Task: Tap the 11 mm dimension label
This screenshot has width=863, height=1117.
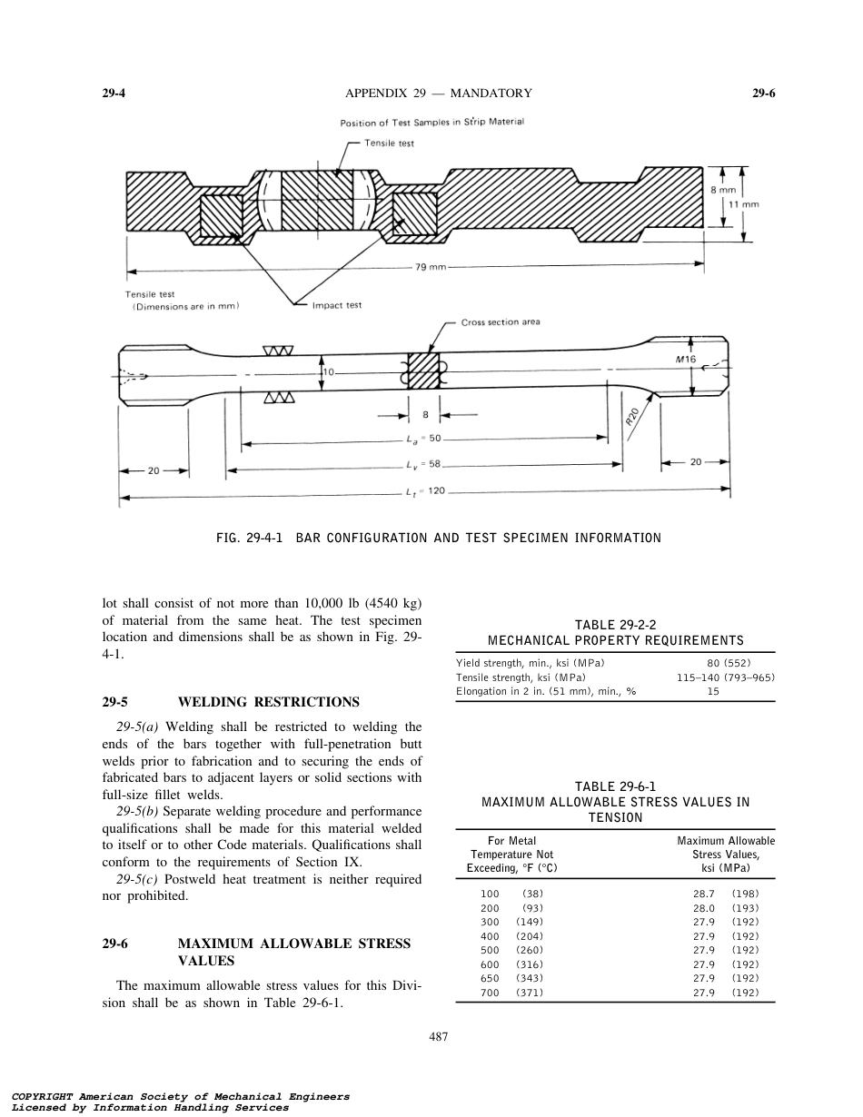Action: (744, 205)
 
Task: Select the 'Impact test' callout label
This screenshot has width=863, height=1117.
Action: (336, 305)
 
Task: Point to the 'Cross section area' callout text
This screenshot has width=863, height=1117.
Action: (501, 322)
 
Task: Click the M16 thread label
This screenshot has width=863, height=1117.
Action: (686, 360)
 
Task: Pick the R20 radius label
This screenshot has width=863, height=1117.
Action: (633, 418)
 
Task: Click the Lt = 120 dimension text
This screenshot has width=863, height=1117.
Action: (423, 492)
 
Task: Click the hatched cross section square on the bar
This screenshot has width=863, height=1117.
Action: (423, 371)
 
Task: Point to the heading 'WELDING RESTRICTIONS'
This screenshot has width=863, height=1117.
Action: (268, 702)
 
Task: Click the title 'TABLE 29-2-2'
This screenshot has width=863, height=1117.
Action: (615, 624)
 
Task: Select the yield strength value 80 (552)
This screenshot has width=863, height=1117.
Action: (729, 663)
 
